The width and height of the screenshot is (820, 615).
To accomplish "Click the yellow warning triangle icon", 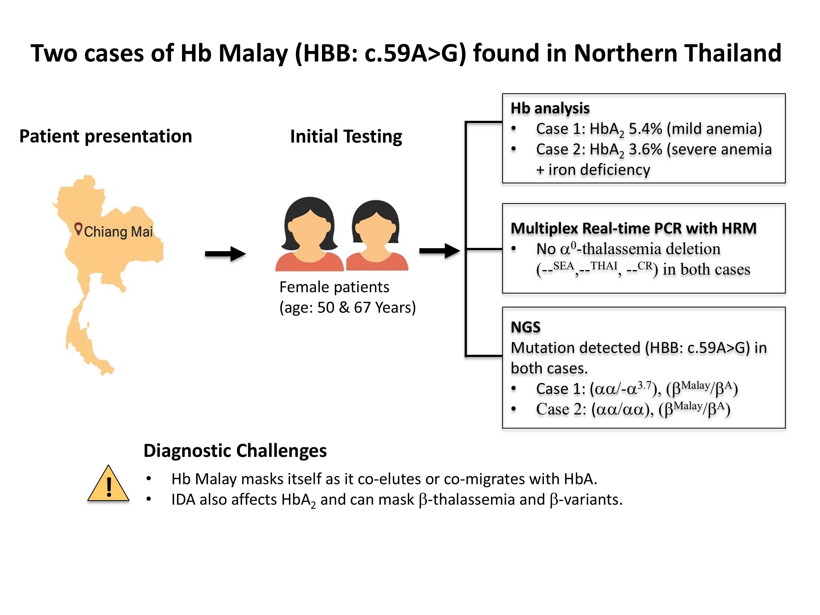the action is (x=108, y=484).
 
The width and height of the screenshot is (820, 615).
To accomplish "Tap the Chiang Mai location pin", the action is (x=78, y=228).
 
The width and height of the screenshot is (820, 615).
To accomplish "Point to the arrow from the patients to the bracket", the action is (x=440, y=251).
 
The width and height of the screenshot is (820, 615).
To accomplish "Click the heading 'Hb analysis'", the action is (x=550, y=108).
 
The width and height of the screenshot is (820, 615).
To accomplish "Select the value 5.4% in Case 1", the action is (x=645, y=129).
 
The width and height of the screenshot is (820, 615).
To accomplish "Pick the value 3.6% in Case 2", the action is (x=645, y=150).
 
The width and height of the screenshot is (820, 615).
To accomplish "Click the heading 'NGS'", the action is (x=526, y=327).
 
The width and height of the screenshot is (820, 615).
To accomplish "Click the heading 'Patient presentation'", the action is (x=106, y=136).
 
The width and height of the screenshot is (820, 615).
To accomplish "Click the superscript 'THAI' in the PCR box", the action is (x=604, y=266).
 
